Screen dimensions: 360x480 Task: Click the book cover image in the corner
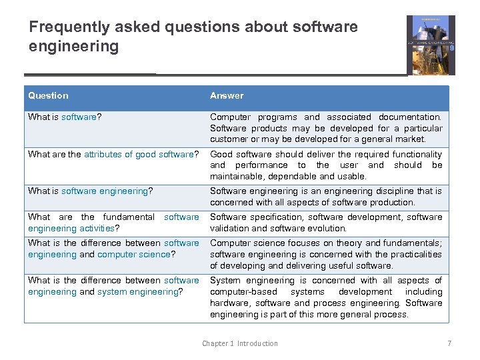430,45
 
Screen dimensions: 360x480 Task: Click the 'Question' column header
48,96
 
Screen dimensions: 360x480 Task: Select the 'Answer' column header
227,96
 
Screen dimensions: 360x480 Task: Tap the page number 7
449,343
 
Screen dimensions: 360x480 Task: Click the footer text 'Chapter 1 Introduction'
240,343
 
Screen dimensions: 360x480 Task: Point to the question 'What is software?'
65,117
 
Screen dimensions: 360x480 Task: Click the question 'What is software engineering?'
90,191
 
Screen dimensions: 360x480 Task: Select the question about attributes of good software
113,155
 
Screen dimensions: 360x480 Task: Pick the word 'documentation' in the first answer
409,117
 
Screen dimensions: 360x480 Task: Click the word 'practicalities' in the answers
410,255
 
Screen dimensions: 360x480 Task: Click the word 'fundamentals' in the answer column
411,243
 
